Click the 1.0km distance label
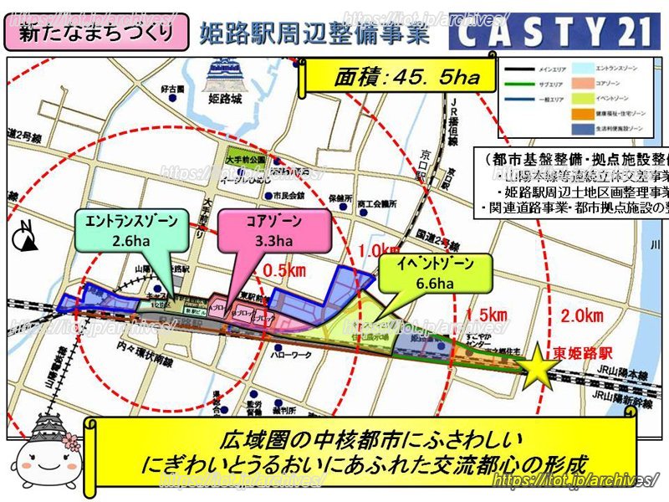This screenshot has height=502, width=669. click(x=375, y=250)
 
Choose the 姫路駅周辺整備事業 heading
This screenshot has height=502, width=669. click(x=314, y=33)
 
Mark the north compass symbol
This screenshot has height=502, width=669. click(x=28, y=240)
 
